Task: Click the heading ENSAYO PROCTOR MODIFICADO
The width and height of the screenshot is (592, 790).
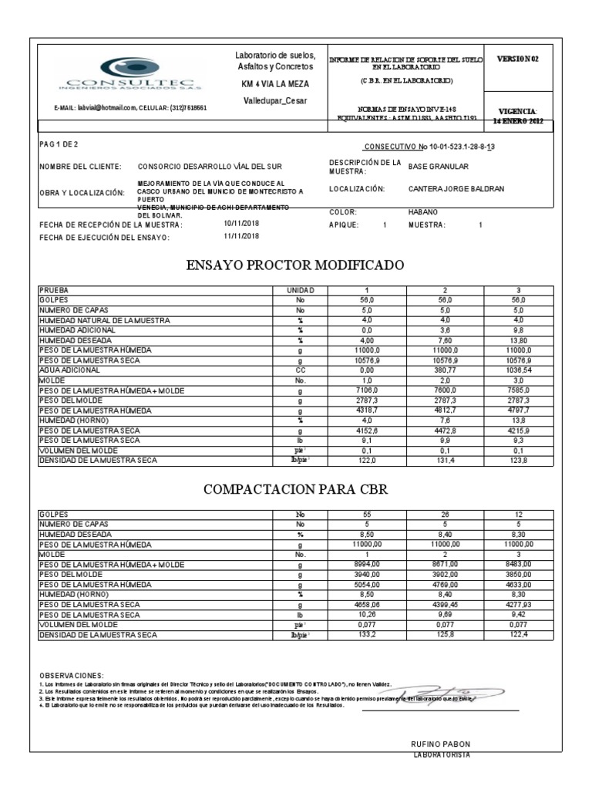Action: [295, 265]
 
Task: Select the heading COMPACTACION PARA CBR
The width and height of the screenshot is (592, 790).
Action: [295, 489]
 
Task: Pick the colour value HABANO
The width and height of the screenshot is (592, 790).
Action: [422, 211]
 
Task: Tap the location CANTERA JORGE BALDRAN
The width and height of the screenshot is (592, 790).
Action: [455, 188]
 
